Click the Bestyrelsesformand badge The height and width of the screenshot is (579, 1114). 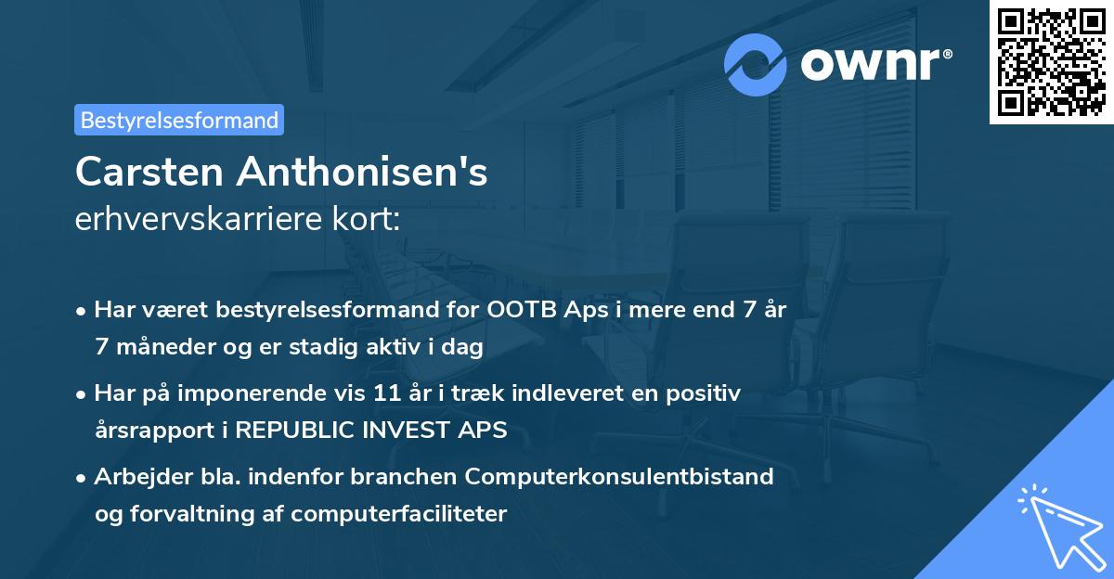[x=179, y=120]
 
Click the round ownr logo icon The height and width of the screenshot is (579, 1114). [x=756, y=65]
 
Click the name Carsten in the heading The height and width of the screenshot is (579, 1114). [x=149, y=172]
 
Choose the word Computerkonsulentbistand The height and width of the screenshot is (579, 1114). [x=620, y=477]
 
